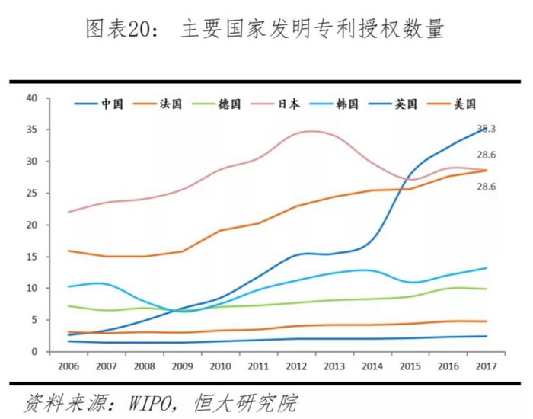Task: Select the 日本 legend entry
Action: pos(289,104)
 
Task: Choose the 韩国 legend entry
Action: pos(346,104)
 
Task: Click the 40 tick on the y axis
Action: pos(31,98)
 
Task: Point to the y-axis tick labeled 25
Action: pos(31,194)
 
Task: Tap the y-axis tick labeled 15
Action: pos(31,257)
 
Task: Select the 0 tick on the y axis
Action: pos(34,352)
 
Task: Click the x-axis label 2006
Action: pos(69,366)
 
